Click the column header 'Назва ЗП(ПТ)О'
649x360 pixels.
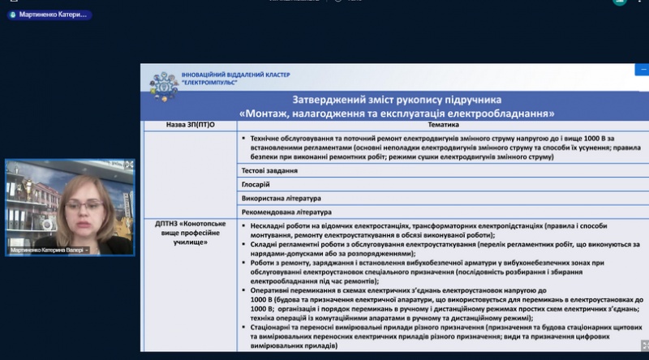pyautogui.click(x=190, y=126)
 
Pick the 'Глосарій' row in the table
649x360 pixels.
pyautogui.click(x=256, y=185)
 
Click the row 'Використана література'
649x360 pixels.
pyautogui.click(x=281, y=198)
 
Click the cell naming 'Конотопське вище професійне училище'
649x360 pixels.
pyautogui.click(x=188, y=233)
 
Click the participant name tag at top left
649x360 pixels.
pyautogui.click(x=49, y=15)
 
